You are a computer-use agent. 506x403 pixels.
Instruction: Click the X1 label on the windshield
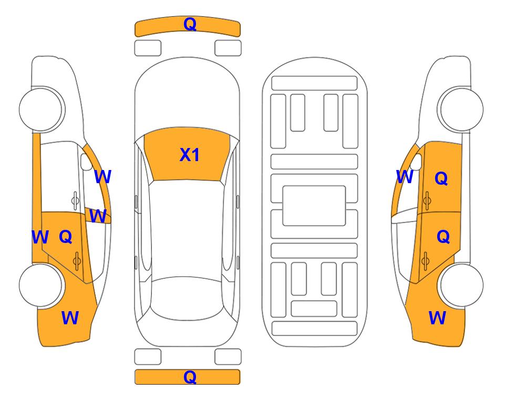coord(190,155)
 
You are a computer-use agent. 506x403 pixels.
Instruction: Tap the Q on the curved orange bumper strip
coord(190,24)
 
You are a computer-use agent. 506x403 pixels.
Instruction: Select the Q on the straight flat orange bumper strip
coord(190,377)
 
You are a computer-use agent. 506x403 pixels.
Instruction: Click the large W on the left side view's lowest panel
coord(70,318)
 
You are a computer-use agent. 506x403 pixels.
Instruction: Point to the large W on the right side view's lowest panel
coord(437,318)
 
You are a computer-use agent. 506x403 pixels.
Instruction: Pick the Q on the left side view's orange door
coord(66,237)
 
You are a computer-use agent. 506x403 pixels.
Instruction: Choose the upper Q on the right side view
coord(441,178)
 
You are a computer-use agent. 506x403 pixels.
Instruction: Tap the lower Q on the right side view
coord(443,237)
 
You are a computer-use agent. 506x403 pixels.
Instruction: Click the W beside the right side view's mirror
coord(405,177)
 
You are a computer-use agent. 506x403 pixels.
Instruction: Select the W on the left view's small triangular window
coord(98,216)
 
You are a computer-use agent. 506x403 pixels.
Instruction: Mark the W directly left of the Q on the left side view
coord(40,237)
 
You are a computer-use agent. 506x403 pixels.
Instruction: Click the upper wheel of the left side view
coord(40,109)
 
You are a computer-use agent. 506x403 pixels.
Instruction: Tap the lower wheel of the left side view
coord(40,285)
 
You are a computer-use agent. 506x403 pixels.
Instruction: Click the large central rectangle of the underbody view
coord(314,206)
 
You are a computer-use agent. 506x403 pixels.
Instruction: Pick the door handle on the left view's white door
coord(75,201)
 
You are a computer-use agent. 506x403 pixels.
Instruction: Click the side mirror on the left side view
coord(86,162)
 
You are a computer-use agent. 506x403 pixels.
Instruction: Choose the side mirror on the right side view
coord(416,162)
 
